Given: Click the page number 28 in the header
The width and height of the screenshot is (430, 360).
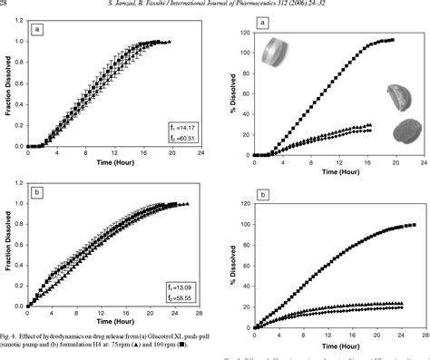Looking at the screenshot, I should (6, 5).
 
